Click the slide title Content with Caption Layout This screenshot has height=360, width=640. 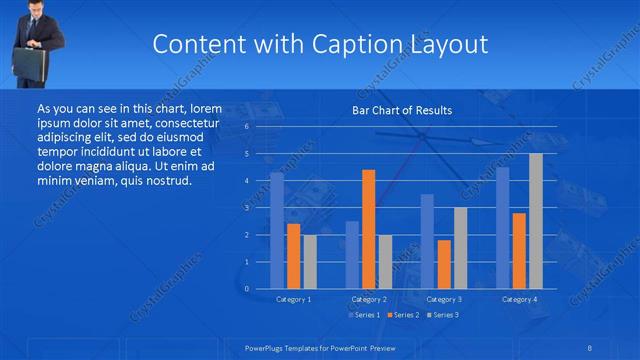click(x=320, y=44)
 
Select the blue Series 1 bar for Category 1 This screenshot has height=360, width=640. click(x=277, y=230)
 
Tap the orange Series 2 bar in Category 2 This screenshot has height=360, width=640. click(x=368, y=229)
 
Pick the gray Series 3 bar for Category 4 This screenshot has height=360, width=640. click(x=535, y=221)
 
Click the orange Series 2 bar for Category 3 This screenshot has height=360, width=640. click(x=443, y=264)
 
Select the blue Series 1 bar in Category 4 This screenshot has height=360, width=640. click(x=502, y=227)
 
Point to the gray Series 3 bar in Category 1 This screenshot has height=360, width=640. click(x=309, y=261)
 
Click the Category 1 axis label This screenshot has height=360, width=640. click(x=293, y=299)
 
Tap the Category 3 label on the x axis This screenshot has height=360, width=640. click(x=443, y=299)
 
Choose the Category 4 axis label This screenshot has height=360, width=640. click(x=518, y=299)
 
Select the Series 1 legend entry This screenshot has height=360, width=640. click(x=364, y=315)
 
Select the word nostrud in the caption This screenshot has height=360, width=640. click(x=165, y=180)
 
